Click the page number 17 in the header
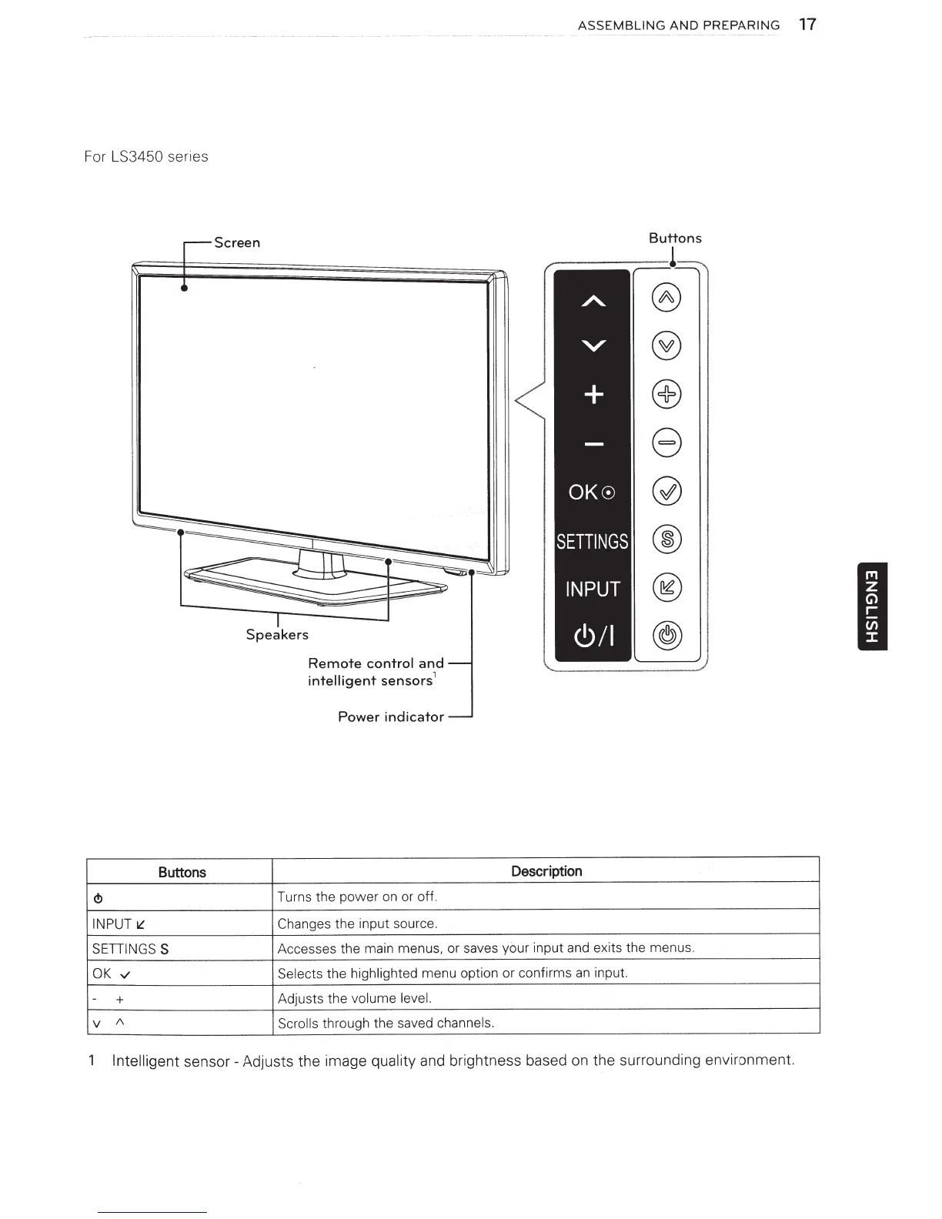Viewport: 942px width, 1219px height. tap(807, 25)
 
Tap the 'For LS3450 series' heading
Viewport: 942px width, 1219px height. tap(145, 156)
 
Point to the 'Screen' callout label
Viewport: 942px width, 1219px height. tap(237, 242)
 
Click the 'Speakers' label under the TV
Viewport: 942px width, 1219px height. tap(277, 634)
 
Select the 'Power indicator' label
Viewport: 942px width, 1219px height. tap(391, 716)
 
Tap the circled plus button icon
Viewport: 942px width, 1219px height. tap(666, 395)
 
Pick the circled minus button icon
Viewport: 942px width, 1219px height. tap(666, 443)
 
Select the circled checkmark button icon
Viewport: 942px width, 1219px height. tap(666, 492)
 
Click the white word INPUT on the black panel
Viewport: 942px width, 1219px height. tap(592, 589)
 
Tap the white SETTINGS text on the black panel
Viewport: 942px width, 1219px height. tap(592, 542)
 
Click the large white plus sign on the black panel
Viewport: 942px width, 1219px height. tap(593, 395)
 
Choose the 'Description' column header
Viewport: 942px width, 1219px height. tap(546, 871)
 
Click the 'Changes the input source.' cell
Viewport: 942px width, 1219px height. tap(357, 923)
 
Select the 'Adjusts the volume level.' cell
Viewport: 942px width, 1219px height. tap(355, 999)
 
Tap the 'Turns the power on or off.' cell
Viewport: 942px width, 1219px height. tap(357, 897)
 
